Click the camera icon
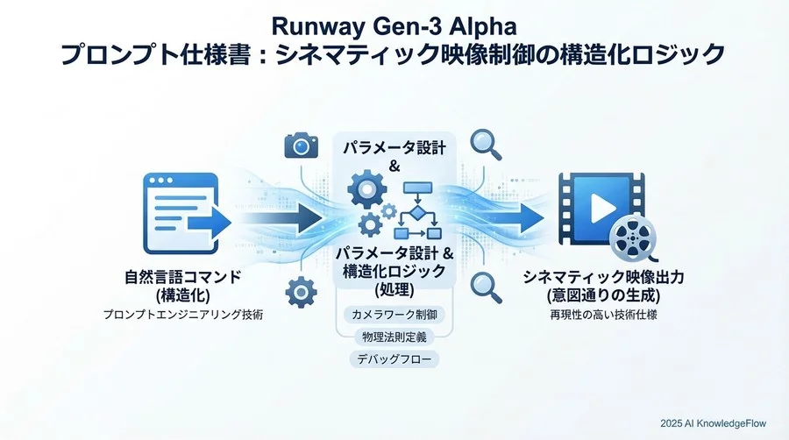click(x=301, y=145)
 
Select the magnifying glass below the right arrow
click(x=485, y=285)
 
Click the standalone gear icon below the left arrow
click(x=301, y=289)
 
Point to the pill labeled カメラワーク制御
click(x=394, y=314)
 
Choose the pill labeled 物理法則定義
click(x=394, y=337)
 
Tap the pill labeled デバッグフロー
click(x=394, y=359)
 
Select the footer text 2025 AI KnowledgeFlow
click(x=713, y=422)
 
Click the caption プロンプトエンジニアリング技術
click(x=182, y=313)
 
